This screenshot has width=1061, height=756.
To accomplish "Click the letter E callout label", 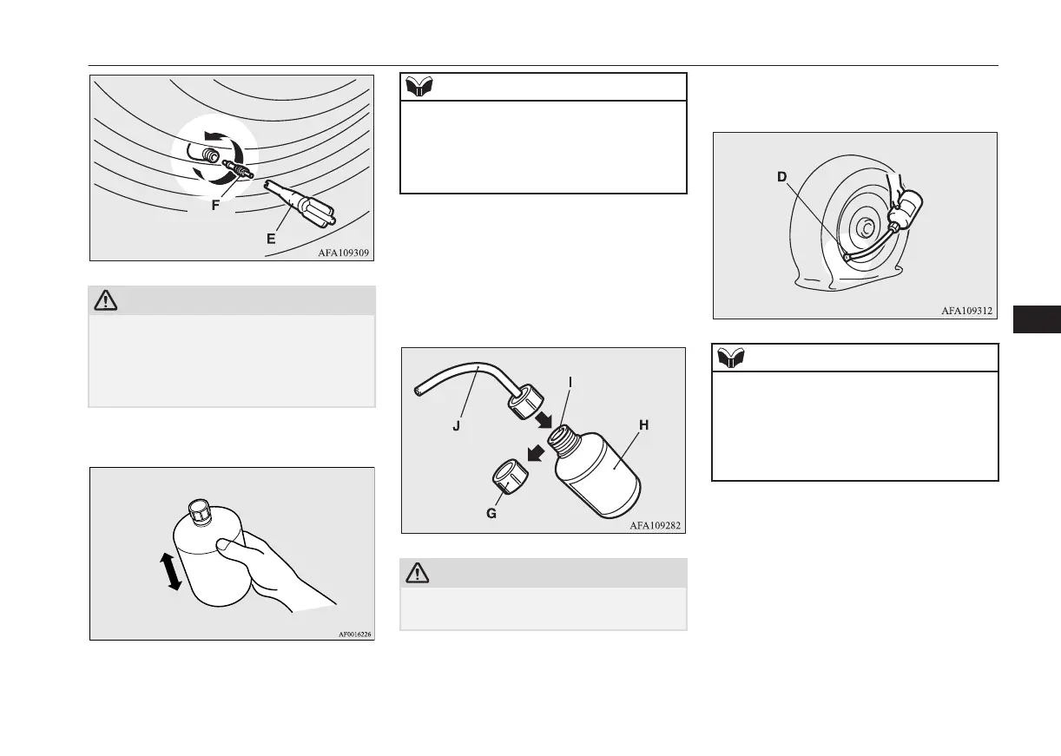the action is pyautogui.click(x=271, y=239).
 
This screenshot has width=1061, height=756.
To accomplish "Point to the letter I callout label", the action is pyautogui.click(x=570, y=381).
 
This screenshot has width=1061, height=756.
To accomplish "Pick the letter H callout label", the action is pyautogui.click(x=643, y=425).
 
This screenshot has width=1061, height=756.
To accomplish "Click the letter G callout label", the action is pyautogui.click(x=491, y=513).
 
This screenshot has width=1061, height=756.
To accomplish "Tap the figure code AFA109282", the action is pyautogui.click(x=656, y=525).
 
